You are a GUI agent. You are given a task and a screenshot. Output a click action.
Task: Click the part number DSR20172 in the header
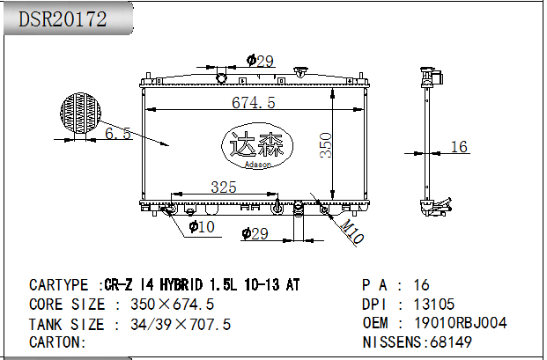(63, 18)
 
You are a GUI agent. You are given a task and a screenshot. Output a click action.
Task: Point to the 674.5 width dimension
(254, 102)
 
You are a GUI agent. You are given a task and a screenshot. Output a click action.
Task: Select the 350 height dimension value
(326, 145)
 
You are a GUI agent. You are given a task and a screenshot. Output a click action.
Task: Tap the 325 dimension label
(224, 187)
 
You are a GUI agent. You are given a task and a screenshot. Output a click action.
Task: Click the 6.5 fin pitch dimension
(118, 133)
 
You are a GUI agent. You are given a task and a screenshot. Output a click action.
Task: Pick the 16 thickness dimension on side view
(459, 147)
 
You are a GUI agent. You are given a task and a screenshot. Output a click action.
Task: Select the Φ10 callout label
(202, 227)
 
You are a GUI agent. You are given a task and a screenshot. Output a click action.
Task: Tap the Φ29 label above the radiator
(260, 61)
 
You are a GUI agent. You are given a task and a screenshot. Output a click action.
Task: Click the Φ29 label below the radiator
(255, 233)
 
